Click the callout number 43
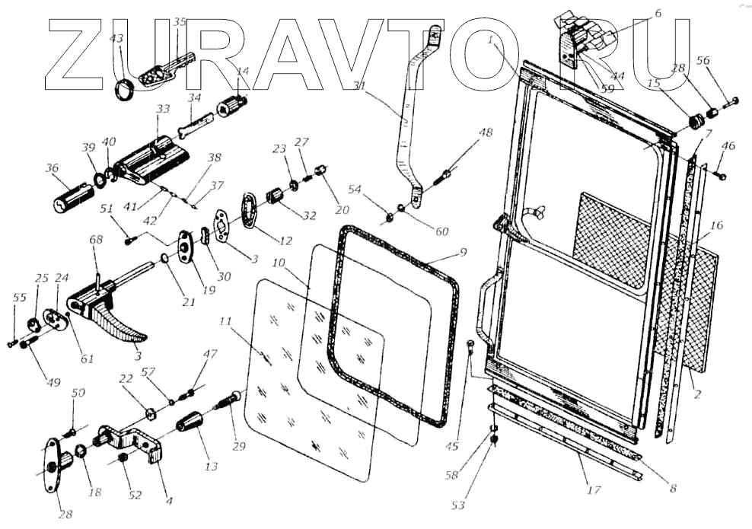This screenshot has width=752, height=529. pos(116,38)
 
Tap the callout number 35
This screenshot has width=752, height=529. pos(180,23)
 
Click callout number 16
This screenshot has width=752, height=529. pos(716,225)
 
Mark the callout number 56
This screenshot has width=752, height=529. pos(703,60)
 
